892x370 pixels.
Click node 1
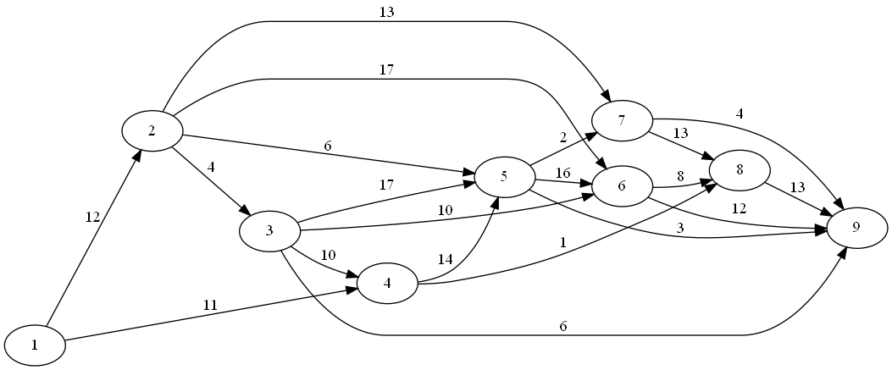click(x=35, y=345)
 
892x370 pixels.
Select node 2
click(x=152, y=130)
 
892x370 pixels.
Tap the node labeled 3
click(x=269, y=232)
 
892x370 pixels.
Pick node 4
click(x=387, y=283)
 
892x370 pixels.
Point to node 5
click(x=504, y=176)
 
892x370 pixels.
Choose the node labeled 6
click(x=622, y=186)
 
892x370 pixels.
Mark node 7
click(x=622, y=120)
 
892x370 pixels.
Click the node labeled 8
click(x=740, y=168)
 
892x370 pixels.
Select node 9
click(x=856, y=228)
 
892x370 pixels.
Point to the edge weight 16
click(x=562, y=173)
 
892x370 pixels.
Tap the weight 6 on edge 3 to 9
click(x=562, y=326)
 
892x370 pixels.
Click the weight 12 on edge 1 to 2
click(x=91, y=217)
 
